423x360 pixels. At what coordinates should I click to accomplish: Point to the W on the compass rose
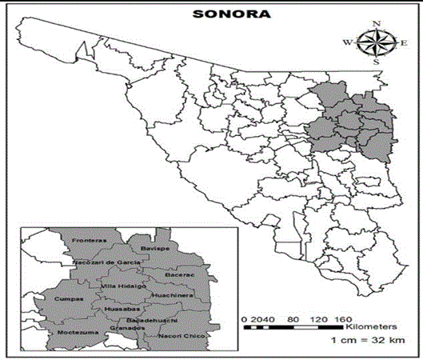pyautogui.click(x=347, y=42)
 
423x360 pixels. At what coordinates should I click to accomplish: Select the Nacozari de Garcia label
pyautogui.click(x=109, y=262)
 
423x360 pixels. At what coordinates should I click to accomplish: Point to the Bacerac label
pyautogui.click(x=179, y=274)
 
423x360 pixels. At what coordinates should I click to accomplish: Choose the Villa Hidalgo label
pyautogui.click(x=123, y=286)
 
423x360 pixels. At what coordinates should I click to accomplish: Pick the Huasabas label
pyautogui.click(x=122, y=308)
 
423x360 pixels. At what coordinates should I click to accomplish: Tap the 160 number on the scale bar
pyautogui.click(x=343, y=318)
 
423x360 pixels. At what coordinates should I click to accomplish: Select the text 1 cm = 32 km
pyautogui.click(x=365, y=341)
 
